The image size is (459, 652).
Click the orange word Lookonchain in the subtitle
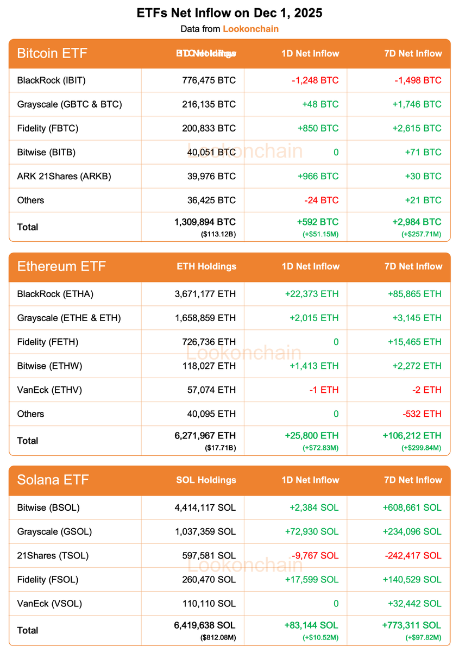[250, 29]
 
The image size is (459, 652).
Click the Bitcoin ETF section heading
[52, 53]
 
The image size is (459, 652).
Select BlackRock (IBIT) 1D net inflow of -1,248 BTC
[315, 80]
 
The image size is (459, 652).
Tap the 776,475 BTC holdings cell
[209, 80]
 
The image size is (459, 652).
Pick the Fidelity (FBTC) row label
[48, 128]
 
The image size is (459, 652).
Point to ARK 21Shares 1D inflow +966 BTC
[318, 176]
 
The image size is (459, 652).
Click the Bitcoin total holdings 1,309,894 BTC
[205, 222]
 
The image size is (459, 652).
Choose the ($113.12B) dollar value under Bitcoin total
[218, 234]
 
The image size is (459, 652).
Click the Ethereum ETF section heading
[61, 266]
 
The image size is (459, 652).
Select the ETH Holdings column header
[206, 266]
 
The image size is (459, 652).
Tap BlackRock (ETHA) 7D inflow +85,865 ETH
[414, 294]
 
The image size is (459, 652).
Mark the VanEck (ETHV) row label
[49, 390]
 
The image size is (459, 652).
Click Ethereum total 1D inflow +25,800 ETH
[311, 435]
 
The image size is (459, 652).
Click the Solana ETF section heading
[53, 480]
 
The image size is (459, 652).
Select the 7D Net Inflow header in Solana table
[413, 480]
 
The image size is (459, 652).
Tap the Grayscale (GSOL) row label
[54, 531]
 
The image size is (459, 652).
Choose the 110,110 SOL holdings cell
[209, 603]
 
